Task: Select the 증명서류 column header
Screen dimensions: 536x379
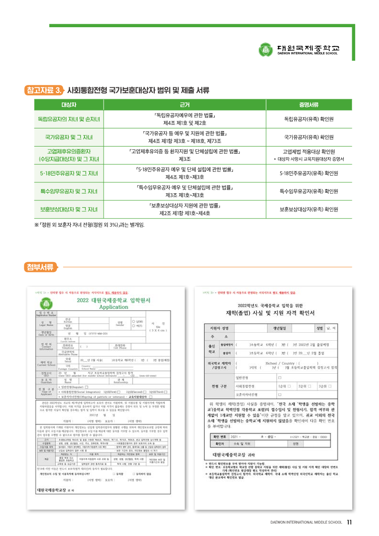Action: tap(309, 105)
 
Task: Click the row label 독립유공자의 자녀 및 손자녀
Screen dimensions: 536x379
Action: tap(69, 118)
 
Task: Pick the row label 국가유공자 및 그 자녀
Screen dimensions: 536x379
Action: tap(69, 137)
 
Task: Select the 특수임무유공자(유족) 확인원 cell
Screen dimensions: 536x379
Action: tap(309, 191)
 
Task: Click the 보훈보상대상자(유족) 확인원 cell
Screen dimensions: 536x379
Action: tap(309, 209)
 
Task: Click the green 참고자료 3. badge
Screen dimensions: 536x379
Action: tap(45, 90)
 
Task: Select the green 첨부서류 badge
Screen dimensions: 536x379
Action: tap(41, 267)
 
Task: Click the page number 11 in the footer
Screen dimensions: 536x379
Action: tap(349, 522)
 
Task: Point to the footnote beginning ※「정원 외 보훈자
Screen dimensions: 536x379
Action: tap(89, 224)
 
